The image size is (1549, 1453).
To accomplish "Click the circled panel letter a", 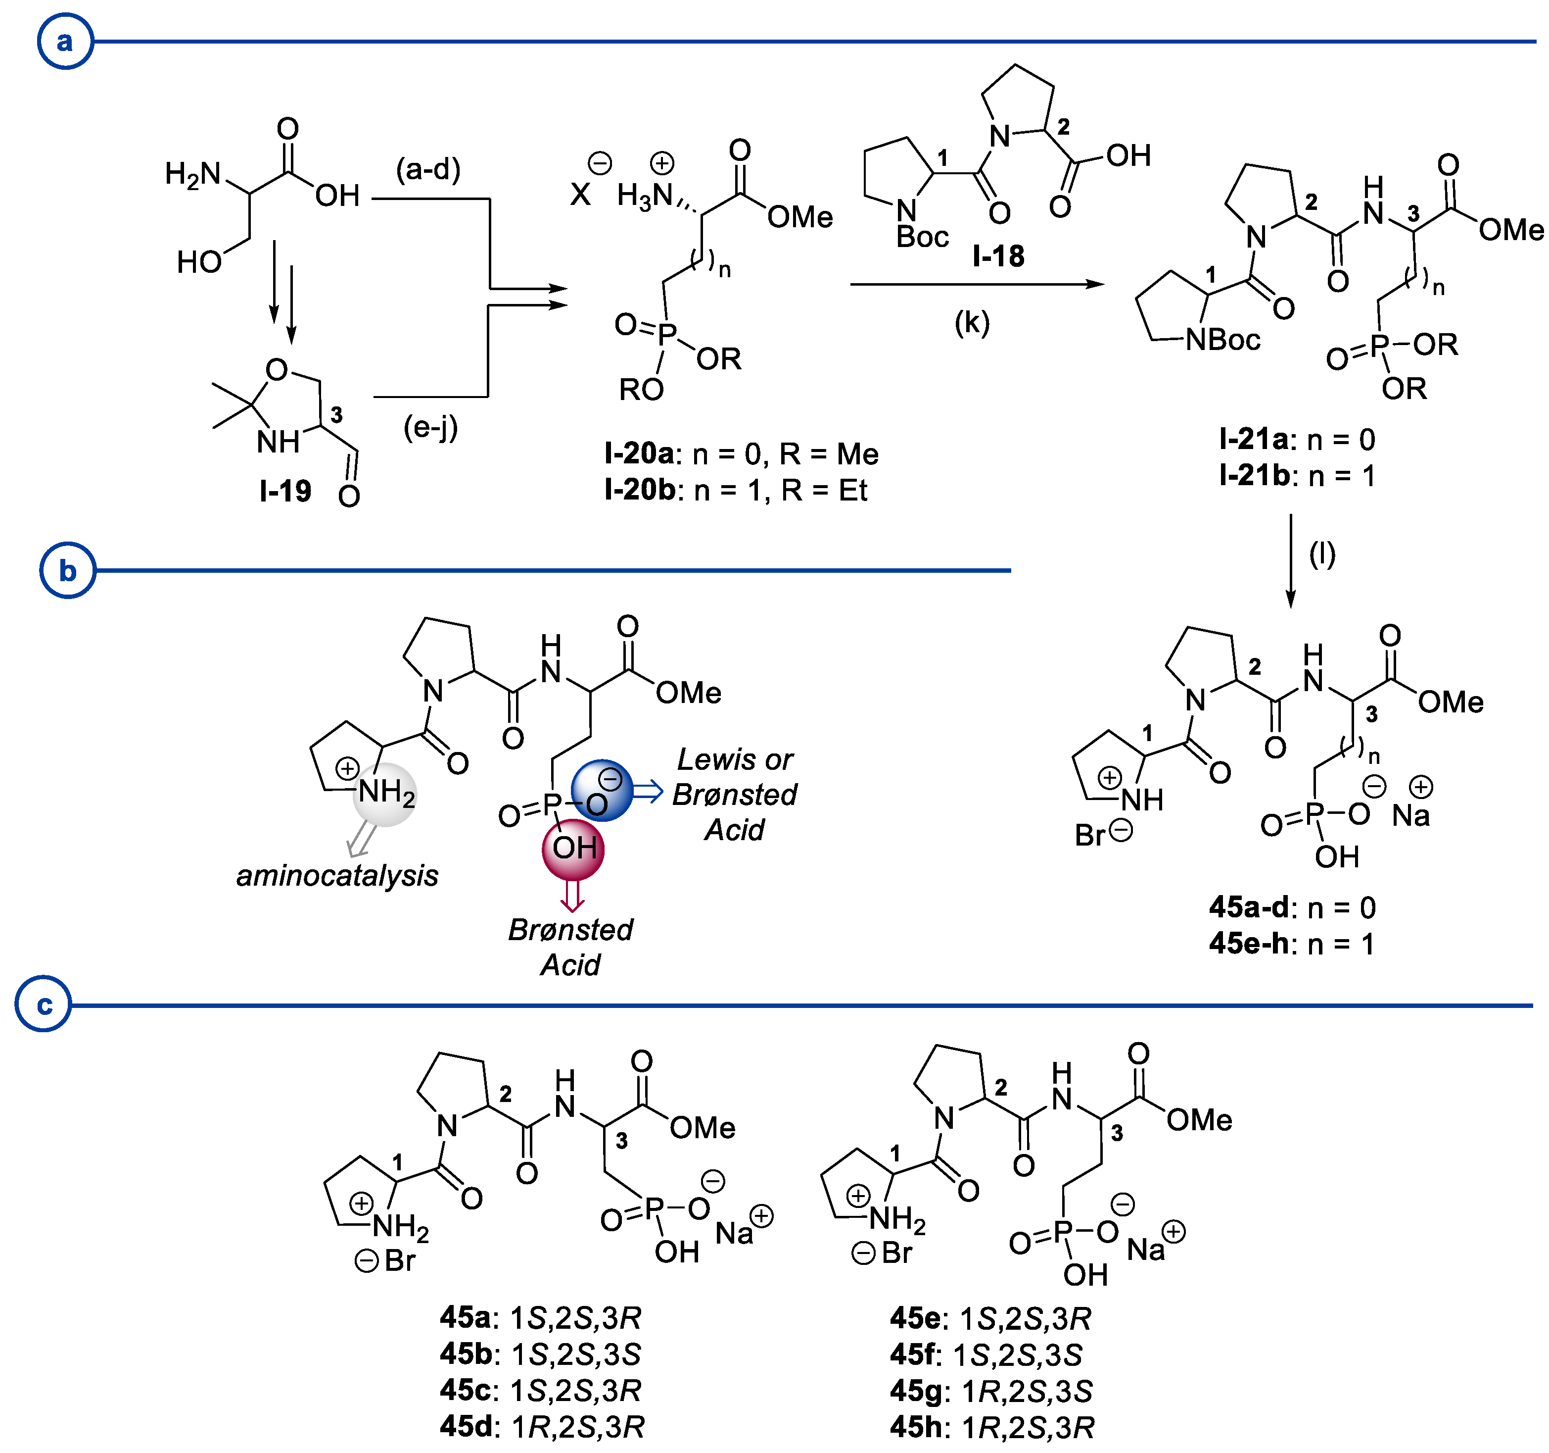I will (x=65, y=41).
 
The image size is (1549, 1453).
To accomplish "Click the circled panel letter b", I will (x=68, y=571).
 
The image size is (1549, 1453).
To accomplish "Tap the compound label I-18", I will (x=998, y=255).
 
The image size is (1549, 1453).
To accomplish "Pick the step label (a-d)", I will (x=428, y=169).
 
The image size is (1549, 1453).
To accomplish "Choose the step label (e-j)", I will (x=430, y=427).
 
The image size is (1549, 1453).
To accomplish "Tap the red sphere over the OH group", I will (x=573, y=848).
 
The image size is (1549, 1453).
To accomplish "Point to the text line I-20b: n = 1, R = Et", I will (x=736, y=490).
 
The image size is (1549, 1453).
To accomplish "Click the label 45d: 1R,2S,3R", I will (x=542, y=1426).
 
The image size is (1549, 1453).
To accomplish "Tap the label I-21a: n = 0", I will (x=1297, y=440).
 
